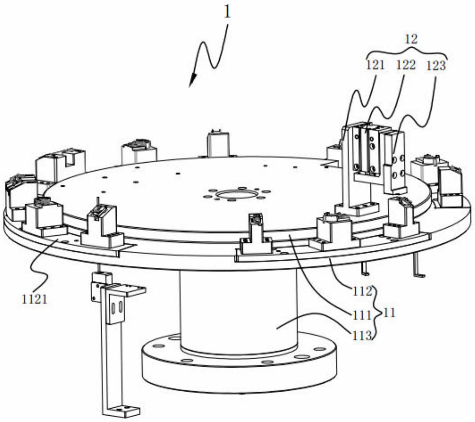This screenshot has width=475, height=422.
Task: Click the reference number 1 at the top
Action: tap(227, 13)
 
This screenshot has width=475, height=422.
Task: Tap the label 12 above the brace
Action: tap(411, 39)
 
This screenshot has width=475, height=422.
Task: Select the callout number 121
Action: tap(375, 65)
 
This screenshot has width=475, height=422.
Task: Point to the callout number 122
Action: tap(406, 65)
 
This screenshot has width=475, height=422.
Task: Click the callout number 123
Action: tap(436, 66)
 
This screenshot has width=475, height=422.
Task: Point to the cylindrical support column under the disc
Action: tap(238, 310)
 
